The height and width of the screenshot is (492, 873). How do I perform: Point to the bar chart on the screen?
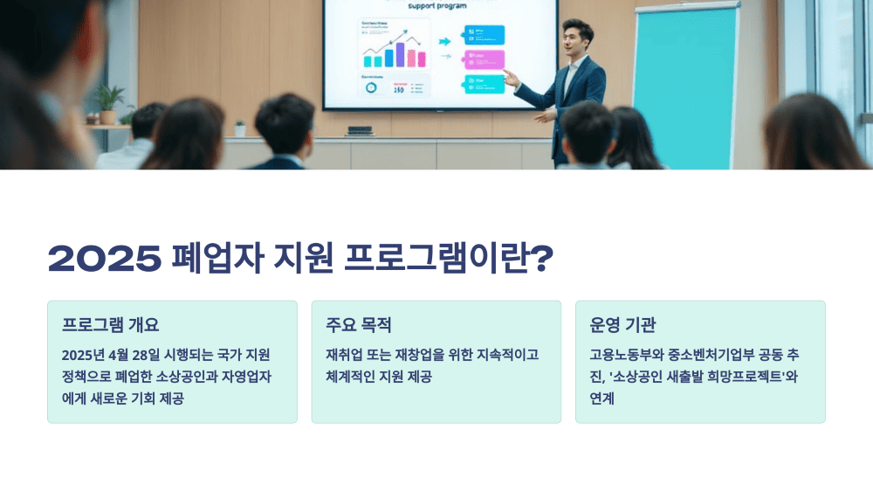(394, 54)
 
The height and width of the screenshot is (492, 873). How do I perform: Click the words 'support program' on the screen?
(436, 5)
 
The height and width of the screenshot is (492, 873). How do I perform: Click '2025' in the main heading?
(105, 259)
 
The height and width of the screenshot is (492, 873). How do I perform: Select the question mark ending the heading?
(542, 259)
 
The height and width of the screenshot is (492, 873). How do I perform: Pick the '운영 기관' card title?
(622, 325)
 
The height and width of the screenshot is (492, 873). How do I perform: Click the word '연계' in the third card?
(602, 398)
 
